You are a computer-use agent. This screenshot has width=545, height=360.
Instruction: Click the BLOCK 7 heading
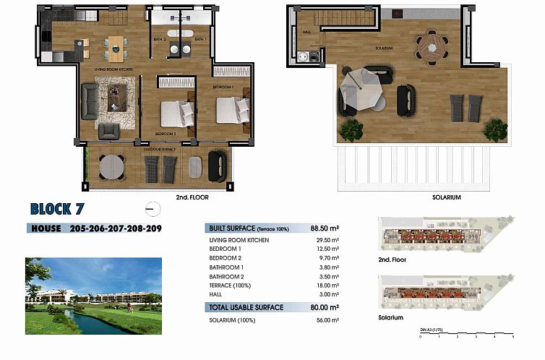60,210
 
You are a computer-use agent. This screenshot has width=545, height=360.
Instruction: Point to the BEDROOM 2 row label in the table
225,257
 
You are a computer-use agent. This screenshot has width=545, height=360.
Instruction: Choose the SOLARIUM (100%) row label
231,319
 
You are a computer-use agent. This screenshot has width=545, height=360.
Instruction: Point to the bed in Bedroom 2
176,113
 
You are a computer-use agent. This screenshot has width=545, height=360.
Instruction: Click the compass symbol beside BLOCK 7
153,209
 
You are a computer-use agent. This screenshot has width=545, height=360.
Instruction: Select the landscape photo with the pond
93,296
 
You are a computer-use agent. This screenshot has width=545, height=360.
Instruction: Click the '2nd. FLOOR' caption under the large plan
192,197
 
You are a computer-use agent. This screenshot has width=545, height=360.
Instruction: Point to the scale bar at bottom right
466,333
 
